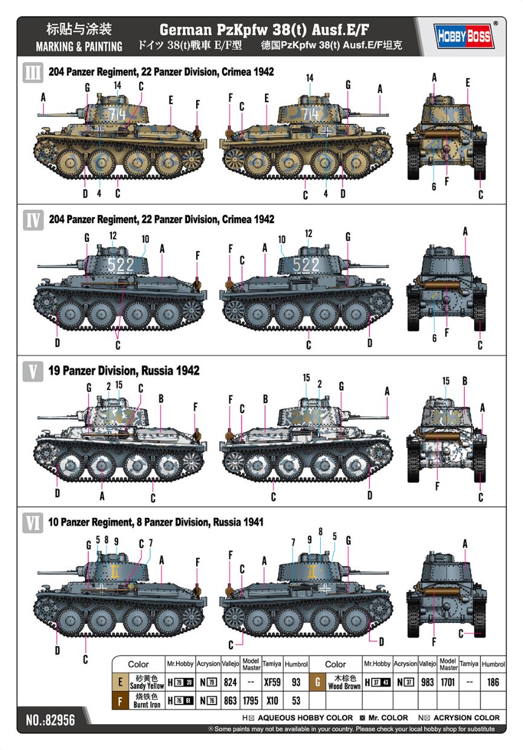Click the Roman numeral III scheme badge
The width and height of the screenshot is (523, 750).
point(33,73)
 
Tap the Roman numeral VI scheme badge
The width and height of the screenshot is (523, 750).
point(33,523)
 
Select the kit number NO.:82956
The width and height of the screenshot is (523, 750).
point(50,720)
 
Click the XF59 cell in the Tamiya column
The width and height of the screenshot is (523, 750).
point(272,682)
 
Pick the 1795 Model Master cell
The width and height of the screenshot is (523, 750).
point(251,700)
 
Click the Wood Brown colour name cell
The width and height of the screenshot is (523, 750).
point(344,682)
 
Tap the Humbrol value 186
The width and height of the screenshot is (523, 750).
point(493,682)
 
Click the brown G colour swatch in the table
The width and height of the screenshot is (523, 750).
point(318,682)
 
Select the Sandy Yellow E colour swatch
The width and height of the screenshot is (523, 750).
point(120,682)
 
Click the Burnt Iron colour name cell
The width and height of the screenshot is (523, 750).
point(146,700)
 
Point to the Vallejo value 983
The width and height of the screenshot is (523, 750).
point(427,682)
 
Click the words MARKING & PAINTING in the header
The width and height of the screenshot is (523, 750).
point(79,47)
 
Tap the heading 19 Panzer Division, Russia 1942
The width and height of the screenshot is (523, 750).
point(124,371)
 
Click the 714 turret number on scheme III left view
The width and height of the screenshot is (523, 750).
point(117,114)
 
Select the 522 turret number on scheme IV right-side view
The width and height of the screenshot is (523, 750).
point(306,264)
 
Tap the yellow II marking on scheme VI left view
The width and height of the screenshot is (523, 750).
point(114,572)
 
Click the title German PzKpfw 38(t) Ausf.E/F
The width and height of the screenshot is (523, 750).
point(265,30)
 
